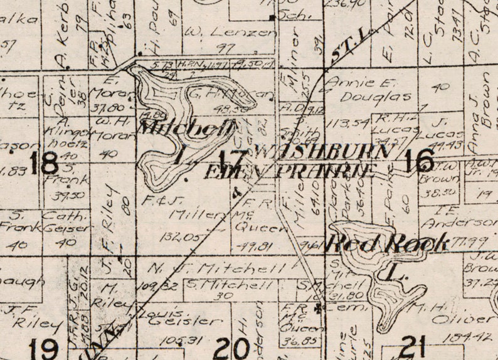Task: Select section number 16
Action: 419,161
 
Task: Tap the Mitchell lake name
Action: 187,129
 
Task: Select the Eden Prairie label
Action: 289,171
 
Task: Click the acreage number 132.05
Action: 174,236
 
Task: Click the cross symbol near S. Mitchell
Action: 321,308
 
